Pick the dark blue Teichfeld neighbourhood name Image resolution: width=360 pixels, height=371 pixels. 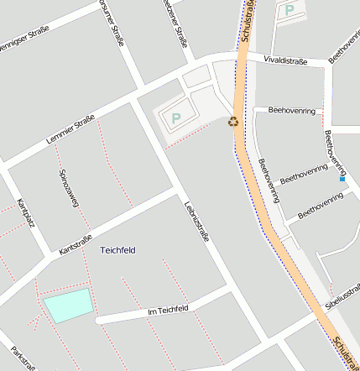[117, 250]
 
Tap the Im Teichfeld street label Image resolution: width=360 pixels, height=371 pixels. [168, 311]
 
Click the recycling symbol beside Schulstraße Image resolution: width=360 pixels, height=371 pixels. [233, 122]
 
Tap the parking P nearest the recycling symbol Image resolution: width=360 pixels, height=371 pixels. [176, 118]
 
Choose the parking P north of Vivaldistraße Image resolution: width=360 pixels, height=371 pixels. [290, 10]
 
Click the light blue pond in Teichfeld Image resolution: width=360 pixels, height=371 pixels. [68, 305]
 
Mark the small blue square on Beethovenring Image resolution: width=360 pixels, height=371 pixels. [342, 178]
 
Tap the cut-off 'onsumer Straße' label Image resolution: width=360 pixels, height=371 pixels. [112, 18]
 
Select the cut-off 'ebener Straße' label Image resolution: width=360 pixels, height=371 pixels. [175, 24]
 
